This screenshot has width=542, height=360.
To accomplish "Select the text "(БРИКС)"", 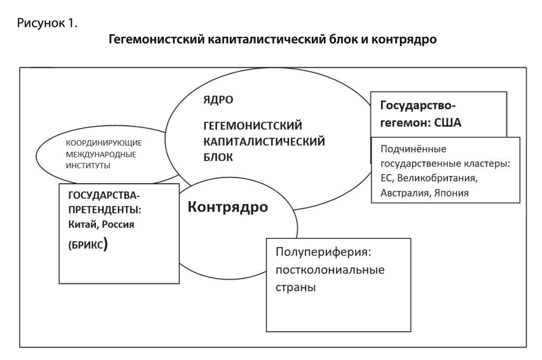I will click(x=86, y=245).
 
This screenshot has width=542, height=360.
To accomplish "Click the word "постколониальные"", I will click(x=330, y=271).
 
